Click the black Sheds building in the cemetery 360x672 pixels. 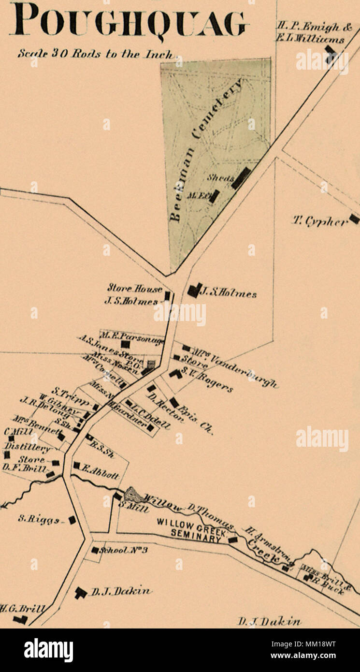coord(241,178)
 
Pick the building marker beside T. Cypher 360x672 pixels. coord(354,219)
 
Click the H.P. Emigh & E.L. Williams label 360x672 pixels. coord(310,32)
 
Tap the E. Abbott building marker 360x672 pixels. coord(77,465)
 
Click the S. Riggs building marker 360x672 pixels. coord(72,520)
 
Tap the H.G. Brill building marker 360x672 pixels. coord(19,619)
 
